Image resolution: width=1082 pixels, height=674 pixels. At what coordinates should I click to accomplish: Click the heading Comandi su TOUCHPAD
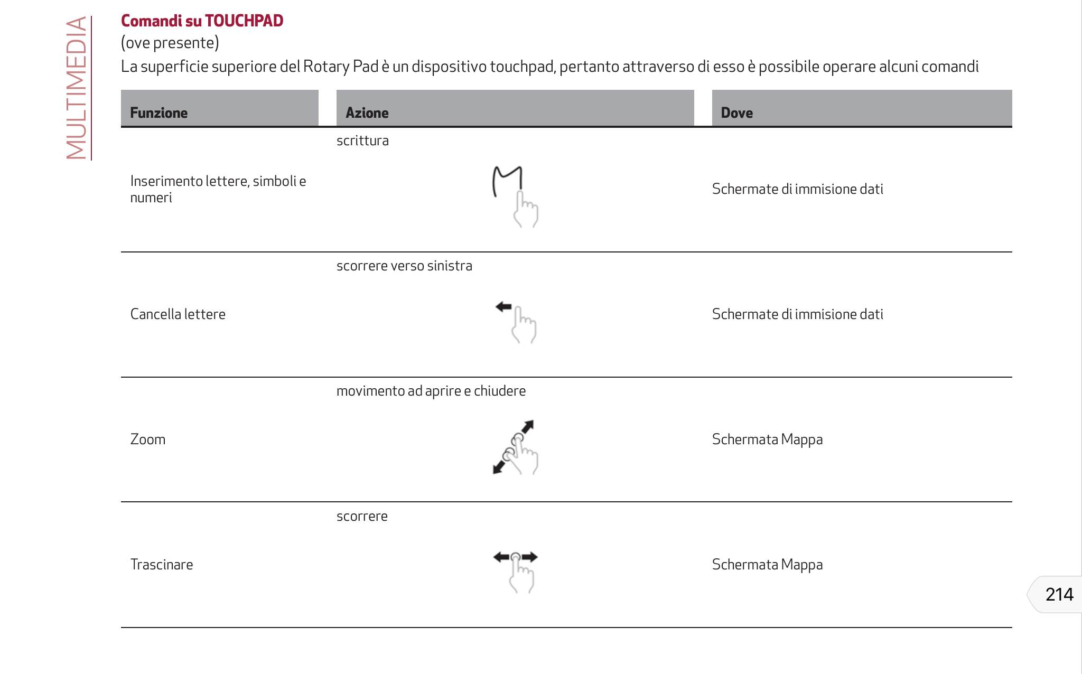pos(202,21)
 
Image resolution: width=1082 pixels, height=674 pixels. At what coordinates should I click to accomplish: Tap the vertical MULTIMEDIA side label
pos(77,88)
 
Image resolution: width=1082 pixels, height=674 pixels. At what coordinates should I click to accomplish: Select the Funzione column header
pos(159,113)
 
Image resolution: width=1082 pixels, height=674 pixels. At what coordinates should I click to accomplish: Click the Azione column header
pos(367,113)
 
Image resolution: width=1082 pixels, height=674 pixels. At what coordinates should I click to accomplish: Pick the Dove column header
pos(736,113)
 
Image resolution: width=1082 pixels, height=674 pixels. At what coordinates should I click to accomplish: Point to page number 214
pos(1059,595)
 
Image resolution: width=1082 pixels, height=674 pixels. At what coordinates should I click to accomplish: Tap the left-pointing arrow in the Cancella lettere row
pos(503,306)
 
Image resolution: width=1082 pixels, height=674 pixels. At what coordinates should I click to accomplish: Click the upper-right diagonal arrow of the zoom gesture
pos(527,426)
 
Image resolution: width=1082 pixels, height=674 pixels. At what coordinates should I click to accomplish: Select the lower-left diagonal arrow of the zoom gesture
pos(498,467)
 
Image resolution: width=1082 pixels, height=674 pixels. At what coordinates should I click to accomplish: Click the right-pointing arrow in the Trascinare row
pos(530,557)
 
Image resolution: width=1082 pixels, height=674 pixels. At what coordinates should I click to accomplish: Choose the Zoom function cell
pos(148,439)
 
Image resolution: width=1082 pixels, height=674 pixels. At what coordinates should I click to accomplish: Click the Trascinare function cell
pos(162,565)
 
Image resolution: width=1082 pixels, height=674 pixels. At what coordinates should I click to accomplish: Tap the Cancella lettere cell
pos(178,314)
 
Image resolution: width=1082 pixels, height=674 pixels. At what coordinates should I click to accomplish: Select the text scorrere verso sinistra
pos(404,266)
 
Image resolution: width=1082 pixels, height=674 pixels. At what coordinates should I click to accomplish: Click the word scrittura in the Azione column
pos(362,141)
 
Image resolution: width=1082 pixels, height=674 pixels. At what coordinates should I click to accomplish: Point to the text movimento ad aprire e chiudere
pos(431,391)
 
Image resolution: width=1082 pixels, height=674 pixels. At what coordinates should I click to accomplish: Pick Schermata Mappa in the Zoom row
pos(767,439)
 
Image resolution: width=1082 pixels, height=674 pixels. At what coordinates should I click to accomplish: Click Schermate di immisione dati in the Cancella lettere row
pos(797,314)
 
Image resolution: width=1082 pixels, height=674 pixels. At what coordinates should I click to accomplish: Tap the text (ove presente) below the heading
pos(170,43)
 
